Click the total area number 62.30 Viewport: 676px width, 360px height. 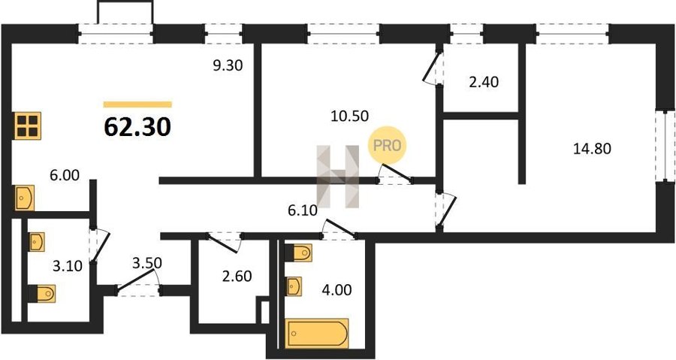tap(137, 127)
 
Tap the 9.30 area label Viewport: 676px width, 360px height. tap(228, 65)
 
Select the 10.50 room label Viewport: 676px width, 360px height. tap(349, 116)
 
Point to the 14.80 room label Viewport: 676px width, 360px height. tap(592, 149)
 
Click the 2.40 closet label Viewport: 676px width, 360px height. tap(484, 82)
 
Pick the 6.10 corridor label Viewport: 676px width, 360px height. tap(303, 211)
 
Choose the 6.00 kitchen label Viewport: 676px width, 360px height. tap(65, 175)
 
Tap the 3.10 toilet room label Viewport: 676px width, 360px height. tap(68, 266)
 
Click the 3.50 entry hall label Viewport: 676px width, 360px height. tap(146, 263)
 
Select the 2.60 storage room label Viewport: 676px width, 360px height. tap(237, 276)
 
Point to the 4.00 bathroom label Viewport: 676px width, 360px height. tap(336, 289)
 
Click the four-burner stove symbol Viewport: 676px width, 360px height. tap(28, 126)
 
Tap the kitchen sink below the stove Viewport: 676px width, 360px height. tap(25, 198)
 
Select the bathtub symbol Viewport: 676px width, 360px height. tap(317, 333)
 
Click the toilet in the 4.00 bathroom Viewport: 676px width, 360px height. tap(299, 253)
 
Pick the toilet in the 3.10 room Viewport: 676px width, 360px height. tap(42, 294)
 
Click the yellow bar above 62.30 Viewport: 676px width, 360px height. tap(137, 104)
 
